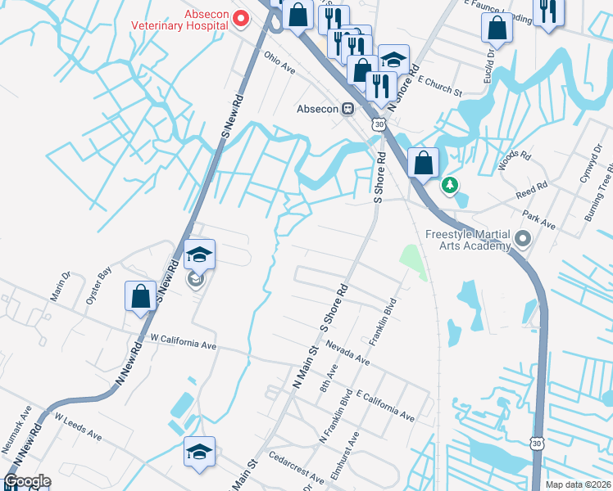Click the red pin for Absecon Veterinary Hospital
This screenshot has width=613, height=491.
coord(242,18)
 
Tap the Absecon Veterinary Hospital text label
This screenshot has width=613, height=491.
coord(180,18)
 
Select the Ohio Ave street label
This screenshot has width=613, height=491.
coord(279,64)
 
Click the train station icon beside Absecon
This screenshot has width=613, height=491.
coord(348,108)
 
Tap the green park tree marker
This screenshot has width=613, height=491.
coord(448,186)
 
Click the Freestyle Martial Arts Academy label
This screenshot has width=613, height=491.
coord(467,240)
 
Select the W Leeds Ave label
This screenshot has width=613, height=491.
coord(79,426)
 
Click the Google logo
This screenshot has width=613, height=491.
coord(27,481)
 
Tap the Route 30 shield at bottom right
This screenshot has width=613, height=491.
coord(536,443)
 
